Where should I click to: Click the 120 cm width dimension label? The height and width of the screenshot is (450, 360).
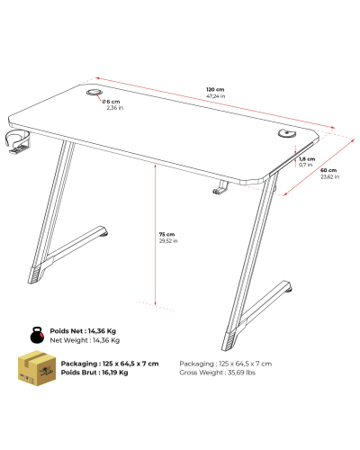coord(215,89)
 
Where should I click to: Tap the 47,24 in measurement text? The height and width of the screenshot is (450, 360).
coord(216,96)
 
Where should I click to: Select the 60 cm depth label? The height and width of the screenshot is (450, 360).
coord(328,170)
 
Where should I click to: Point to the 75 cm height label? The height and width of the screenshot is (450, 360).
coord(166,234)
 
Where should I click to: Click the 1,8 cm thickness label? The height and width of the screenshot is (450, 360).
coord(307,159)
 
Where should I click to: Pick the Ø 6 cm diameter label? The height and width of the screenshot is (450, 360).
coord(111,102)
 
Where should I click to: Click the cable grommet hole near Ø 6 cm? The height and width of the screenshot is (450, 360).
coord(94,92)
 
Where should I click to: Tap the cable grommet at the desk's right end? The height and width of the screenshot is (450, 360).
coord(286,133)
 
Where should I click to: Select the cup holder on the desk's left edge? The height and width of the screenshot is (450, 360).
coord(18,141)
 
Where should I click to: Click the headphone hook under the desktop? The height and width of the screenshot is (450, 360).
coord(220,188)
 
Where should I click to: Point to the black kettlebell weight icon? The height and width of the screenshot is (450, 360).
coord(39,335)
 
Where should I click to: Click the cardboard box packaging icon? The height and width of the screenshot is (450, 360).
coord(37,368)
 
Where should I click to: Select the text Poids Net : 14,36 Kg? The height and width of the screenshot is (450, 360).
coord(83,331)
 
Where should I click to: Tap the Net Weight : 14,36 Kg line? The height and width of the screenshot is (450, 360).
coord(85,340)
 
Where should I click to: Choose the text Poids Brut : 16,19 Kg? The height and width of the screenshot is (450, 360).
coord(94,373)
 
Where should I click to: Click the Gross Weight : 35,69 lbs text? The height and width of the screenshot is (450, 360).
coord(218,373)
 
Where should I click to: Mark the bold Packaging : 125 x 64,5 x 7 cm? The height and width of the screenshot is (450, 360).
coord(110,364)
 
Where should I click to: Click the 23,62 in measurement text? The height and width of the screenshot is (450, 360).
coord(330,176)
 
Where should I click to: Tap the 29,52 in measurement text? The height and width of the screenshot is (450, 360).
coord(168,241)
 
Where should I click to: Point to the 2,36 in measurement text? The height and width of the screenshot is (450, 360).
coord(115,108)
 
